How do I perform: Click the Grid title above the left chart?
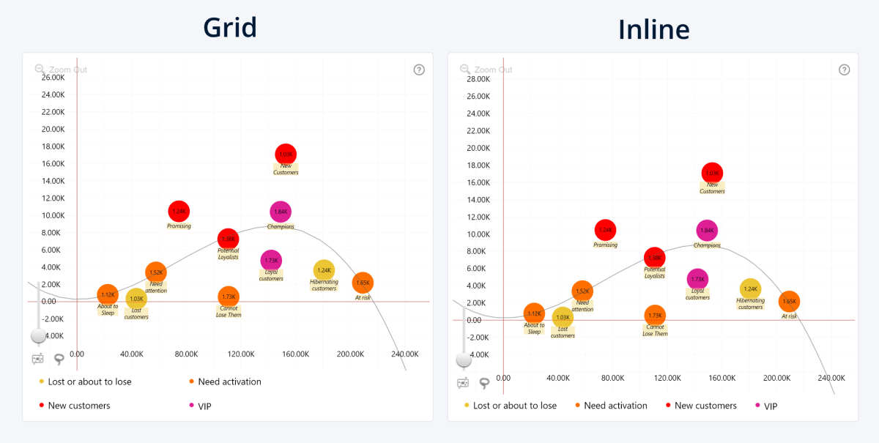click(230, 27)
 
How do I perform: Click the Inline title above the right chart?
click(653, 29)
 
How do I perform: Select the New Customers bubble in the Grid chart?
click(286, 155)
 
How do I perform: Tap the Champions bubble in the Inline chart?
click(706, 231)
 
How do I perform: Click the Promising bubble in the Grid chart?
click(179, 212)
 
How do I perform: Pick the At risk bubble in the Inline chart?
click(789, 301)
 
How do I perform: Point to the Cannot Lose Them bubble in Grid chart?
click(229, 297)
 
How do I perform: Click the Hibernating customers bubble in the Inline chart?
click(750, 289)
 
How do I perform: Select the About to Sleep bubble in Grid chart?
click(108, 294)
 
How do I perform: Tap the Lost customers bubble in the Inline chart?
click(563, 317)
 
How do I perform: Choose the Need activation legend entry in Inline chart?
click(615, 406)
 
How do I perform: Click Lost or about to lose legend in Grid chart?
click(89, 381)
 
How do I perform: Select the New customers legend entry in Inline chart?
click(705, 406)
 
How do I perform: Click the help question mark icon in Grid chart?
click(419, 70)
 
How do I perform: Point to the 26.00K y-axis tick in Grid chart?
click(53, 78)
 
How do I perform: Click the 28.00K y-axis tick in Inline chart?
click(479, 79)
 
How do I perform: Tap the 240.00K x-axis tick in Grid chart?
click(404, 354)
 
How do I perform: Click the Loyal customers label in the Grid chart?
click(271, 276)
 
